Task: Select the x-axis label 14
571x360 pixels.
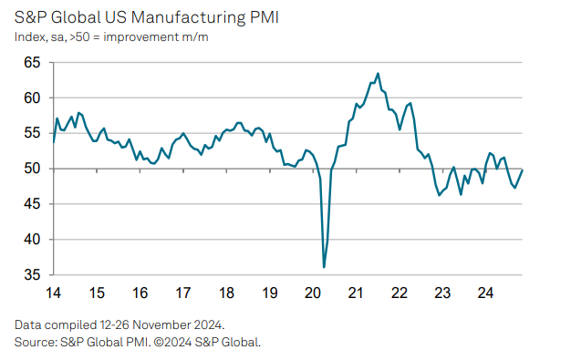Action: coord(53,293)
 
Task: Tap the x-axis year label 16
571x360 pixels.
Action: coord(140,293)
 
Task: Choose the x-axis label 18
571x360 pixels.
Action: coord(226,293)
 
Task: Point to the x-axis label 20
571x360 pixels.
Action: coord(313,293)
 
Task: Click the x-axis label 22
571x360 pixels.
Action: coord(400,293)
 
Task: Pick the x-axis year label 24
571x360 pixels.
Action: coord(486,293)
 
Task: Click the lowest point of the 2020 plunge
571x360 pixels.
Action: coord(325,267)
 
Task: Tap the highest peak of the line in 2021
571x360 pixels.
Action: coord(378,74)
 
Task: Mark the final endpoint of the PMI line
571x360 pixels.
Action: coord(522,170)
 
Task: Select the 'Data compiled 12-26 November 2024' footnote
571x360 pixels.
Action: coord(118,325)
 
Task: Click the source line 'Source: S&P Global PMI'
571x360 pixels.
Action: coord(137,342)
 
